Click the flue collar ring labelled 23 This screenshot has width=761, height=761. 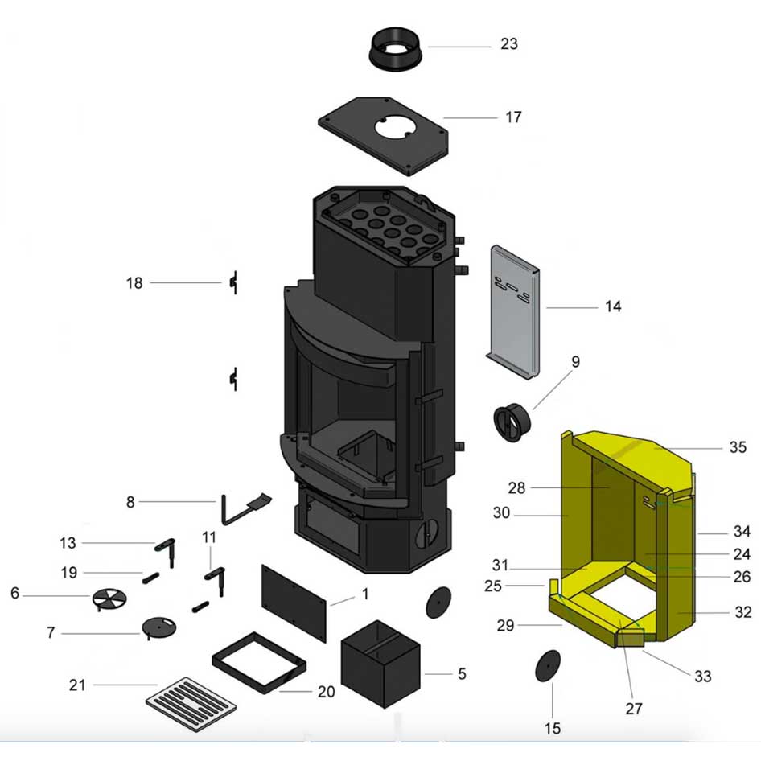click(397, 50)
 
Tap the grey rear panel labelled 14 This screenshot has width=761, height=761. click(514, 314)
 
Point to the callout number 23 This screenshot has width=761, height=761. click(509, 43)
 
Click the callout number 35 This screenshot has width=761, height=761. click(738, 448)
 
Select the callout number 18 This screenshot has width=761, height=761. click(134, 283)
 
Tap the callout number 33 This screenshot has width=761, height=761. click(702, 677)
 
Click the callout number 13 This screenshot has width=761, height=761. click(68, 543)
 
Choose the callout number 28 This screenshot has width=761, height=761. click(516, 487)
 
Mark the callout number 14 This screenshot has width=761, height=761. click(614, 306)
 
